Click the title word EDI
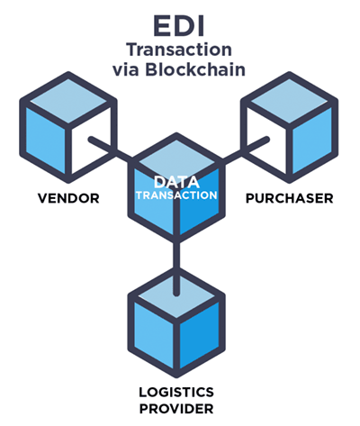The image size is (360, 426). (x=179, y=26)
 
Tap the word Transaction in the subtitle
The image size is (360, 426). (x=179, y=50)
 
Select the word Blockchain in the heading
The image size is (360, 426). (x=195, y=69)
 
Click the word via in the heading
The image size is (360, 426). (x=125, y=70)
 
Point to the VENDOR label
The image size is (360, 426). (x=68, y=198)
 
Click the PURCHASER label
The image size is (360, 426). (x=290, y=198)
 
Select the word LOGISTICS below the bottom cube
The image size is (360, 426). (x=176, y=392)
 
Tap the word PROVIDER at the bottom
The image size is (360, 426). (x=176, y=409)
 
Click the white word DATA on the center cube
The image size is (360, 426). (x=176, y=182)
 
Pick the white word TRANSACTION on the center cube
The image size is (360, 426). (x=176, y=195)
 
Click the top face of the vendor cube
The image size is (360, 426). (x=68, y=101)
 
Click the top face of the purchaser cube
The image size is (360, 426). (x=289, y=101)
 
